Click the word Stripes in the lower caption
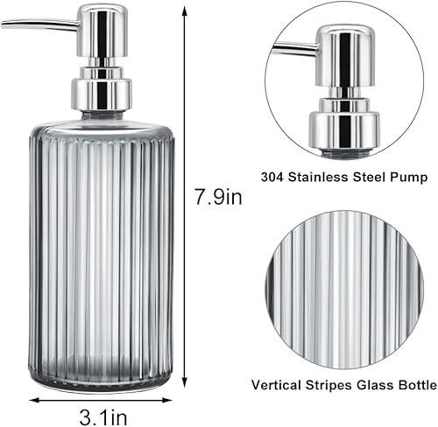coord(326,383)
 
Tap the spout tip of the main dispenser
coord(5,24)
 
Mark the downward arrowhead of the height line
coord(186,391)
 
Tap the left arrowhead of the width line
coord(33,400)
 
